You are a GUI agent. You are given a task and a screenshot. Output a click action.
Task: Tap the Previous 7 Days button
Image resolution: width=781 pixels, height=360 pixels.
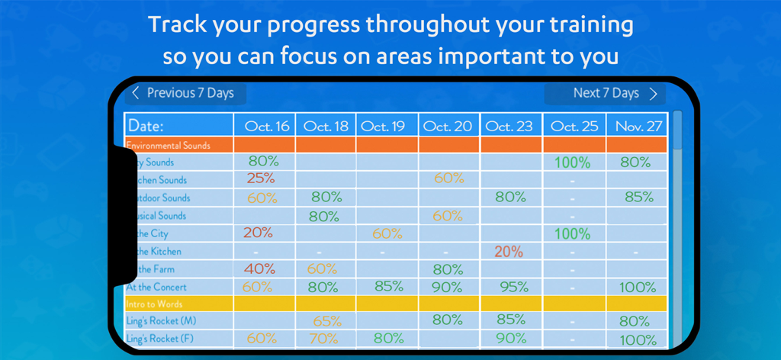coord(183,93)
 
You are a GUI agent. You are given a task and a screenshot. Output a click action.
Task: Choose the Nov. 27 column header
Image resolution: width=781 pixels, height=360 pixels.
coord(636,126)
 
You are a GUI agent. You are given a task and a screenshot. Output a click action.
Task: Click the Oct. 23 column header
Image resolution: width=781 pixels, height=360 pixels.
coord(509,126)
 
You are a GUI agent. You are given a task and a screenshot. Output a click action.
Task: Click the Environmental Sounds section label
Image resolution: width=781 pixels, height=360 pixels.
coord(169,145)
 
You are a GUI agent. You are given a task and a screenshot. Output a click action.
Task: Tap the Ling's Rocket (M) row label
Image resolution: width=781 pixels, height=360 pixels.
coord(161,321)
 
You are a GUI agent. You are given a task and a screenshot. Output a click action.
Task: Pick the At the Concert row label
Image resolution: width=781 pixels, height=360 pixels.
coord(158,287)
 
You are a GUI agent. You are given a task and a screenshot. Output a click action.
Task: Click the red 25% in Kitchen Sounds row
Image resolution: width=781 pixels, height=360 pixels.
coord(260,179)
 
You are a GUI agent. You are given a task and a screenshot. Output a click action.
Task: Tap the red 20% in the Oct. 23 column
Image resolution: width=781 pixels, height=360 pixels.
coord(508,252)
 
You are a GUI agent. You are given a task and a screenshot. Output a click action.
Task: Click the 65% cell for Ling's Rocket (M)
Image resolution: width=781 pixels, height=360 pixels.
coord(326,322)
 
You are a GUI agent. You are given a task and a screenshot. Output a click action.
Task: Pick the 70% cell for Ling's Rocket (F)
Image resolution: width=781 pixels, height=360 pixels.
coord(325,339)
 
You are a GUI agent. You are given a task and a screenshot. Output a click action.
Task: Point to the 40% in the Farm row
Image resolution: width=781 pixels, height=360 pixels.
coord(260,269)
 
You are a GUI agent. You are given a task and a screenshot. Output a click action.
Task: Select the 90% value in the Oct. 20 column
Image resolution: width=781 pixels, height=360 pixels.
coord(448,288)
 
